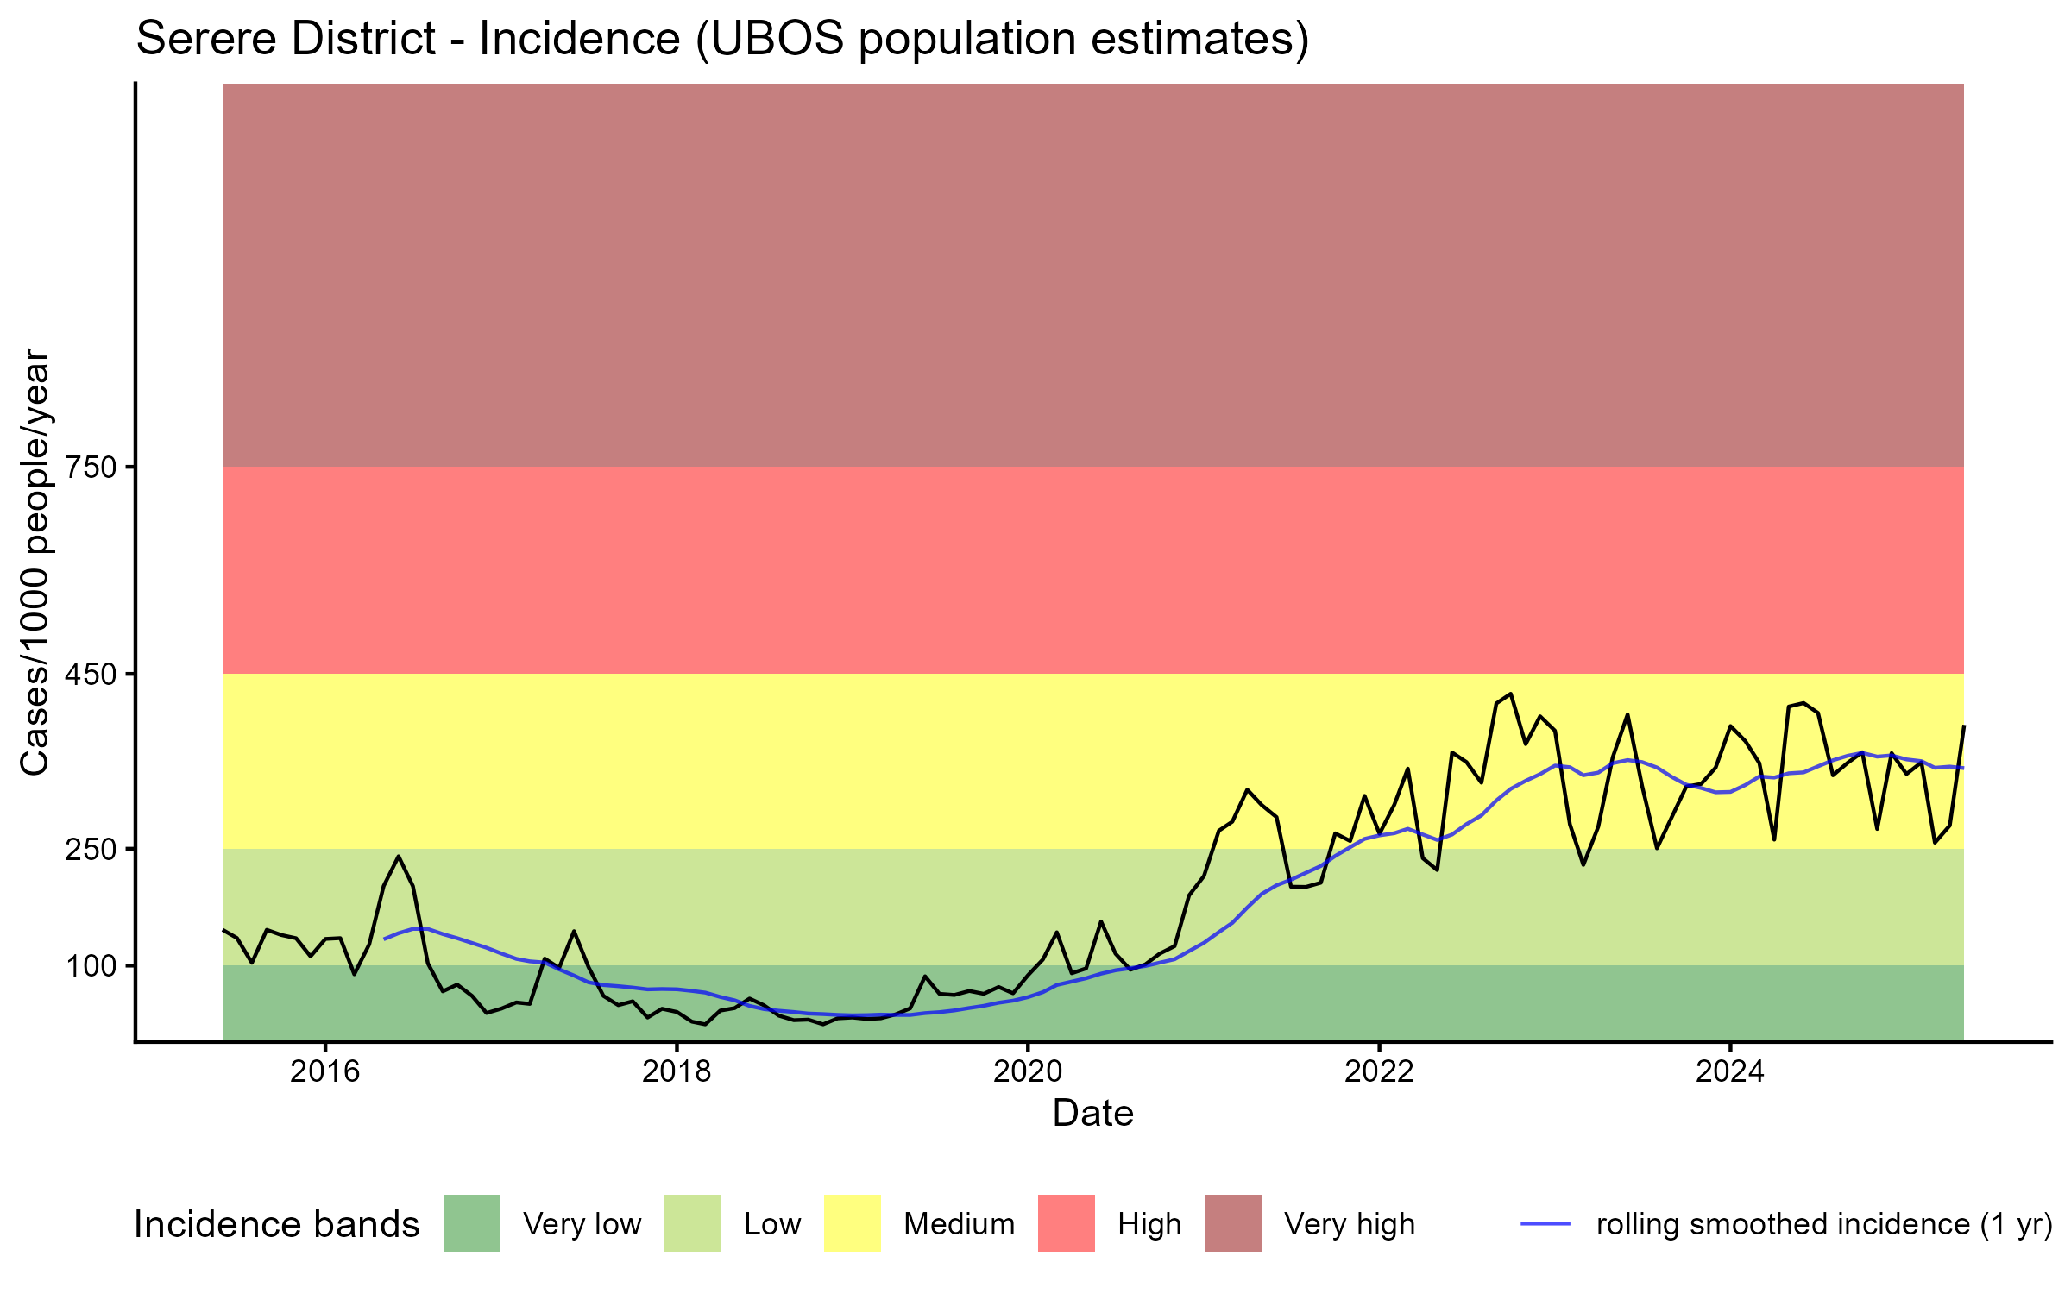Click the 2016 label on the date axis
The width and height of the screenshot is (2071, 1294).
click(324, 1071)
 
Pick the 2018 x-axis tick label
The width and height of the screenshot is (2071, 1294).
click(677, 1071)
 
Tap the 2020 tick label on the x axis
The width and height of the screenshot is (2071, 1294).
click(1028, 1071)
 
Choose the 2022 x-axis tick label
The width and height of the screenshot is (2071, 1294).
click(1379, 1071)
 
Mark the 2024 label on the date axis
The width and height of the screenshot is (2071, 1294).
click(1730, 1071)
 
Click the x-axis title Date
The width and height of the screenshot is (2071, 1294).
click(1092, 1114)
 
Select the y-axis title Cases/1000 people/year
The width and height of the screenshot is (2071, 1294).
click(35, 562)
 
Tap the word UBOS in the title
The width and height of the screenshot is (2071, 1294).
click(770, 40)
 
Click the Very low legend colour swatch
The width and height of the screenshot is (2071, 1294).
click(472, 1223)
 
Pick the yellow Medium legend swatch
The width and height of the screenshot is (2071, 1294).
click(853, 1223)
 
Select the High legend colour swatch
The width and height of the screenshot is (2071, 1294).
click(1067, 1223)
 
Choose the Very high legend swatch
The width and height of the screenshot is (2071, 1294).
click(1233, 1223)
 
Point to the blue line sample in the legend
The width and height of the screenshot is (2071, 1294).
click(1545, 1223)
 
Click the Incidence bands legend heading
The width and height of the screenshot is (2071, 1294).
click(277, 1225)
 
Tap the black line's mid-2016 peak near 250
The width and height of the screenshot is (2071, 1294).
click(398, 857)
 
